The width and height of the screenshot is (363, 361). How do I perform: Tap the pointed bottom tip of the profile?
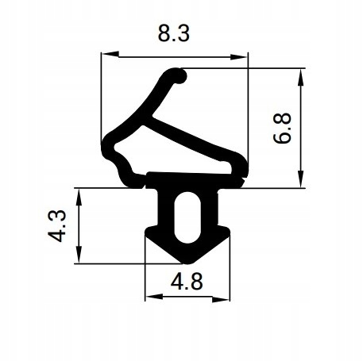187,261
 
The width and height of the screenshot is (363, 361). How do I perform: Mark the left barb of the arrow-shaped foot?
148,232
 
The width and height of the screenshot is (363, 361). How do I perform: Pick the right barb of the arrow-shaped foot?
228,232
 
